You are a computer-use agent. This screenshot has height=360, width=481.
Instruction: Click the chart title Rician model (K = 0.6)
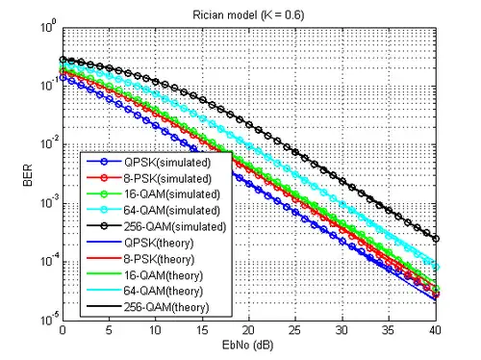(248, 15)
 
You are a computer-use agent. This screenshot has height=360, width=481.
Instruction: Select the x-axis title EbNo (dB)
(248, 346)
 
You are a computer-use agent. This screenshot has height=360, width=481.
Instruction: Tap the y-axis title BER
(28, 175)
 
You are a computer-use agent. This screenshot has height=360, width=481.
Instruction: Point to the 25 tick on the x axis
(294, 330)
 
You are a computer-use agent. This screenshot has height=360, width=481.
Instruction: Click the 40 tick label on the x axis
(435, 330)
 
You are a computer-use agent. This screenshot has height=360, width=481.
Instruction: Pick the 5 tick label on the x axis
(109, 330)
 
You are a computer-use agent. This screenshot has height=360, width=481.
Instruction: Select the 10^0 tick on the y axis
(49, 26)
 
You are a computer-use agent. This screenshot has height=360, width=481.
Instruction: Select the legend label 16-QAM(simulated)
(172, 194)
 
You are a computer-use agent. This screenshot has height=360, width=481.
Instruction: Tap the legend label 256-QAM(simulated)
(175, 226)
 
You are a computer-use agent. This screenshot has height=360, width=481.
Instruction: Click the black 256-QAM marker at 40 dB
(436, 239)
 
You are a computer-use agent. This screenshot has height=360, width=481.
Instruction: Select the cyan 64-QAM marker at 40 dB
(436, 268)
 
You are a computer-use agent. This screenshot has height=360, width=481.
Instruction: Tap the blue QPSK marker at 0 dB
(63, 77)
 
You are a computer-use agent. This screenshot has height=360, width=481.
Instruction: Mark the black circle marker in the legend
(104, 226)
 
